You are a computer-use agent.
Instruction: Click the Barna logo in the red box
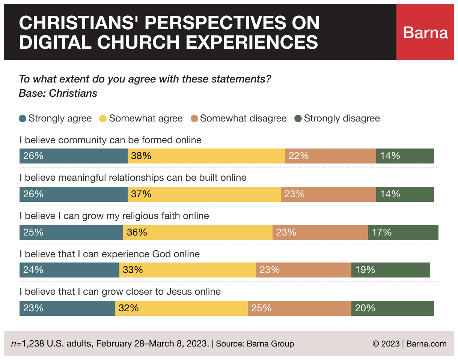425,33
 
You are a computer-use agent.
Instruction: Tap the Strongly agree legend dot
23,119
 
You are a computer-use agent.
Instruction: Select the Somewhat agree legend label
146,119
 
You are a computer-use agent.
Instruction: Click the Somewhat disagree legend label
243,119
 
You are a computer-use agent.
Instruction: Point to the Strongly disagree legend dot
298,119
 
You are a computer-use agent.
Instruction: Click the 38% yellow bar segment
206,156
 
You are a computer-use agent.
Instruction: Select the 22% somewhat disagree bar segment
331,156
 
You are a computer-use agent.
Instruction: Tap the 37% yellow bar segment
204,194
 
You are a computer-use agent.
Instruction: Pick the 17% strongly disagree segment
403,232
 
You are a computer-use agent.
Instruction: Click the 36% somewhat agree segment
198,232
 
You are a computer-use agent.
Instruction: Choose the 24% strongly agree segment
69,270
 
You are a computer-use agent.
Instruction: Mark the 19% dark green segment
391,270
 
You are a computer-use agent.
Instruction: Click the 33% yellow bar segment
188,270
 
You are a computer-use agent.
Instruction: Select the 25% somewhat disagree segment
300,308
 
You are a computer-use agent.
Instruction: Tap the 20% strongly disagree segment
393,308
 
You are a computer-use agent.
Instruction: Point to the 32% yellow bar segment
181,308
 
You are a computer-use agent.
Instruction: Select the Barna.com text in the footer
426,344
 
